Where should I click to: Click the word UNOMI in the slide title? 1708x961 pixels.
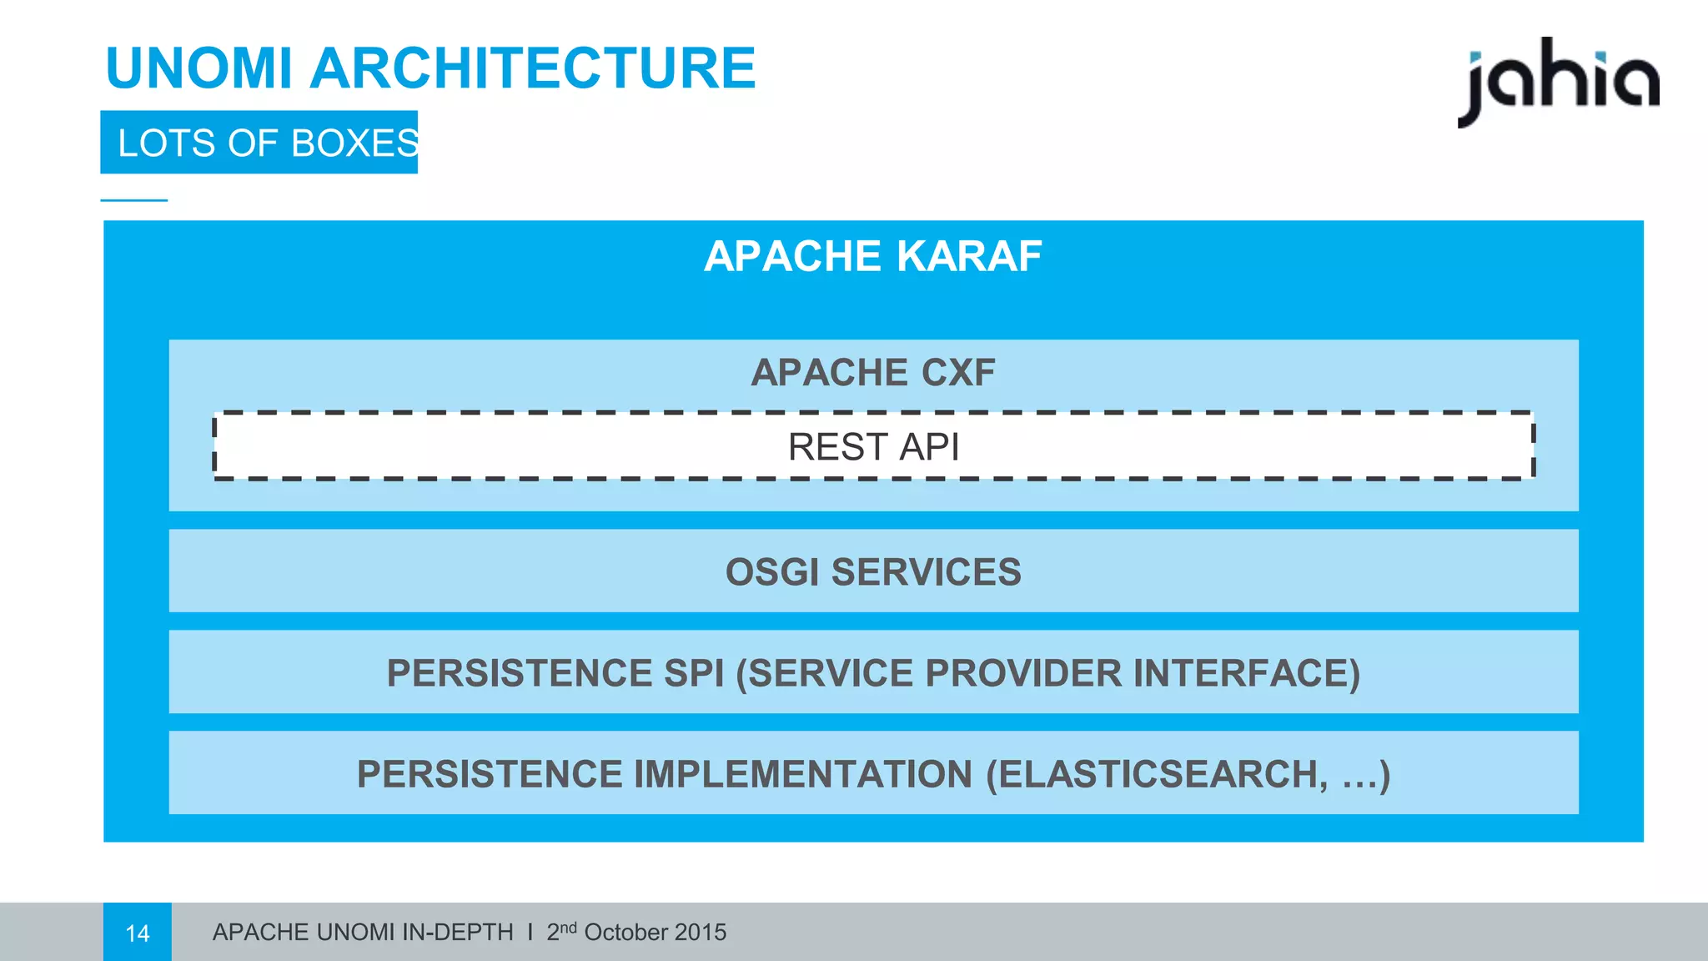(x=198, y=68)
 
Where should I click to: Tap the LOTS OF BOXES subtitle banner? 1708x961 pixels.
(x=259, y=143)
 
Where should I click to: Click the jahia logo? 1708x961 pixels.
(x=1558, y=82)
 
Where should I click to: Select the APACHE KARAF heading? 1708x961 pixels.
(x=872, y=256)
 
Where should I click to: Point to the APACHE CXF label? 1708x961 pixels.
(x=872, y=372)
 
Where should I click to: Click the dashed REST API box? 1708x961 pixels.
(x=872, y=446)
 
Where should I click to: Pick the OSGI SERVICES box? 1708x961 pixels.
(x=872, y=571)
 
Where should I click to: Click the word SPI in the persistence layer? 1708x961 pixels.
(x=694, y=673)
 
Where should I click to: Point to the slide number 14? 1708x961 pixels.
(x=138, y=933)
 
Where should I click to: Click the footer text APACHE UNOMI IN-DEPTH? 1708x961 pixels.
(x=363, y=933)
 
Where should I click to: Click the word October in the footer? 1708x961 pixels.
(x=625, y=933)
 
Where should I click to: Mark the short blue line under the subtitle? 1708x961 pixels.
(x=133, y=200)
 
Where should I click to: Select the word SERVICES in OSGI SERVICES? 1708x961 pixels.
(x=926, y=571)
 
